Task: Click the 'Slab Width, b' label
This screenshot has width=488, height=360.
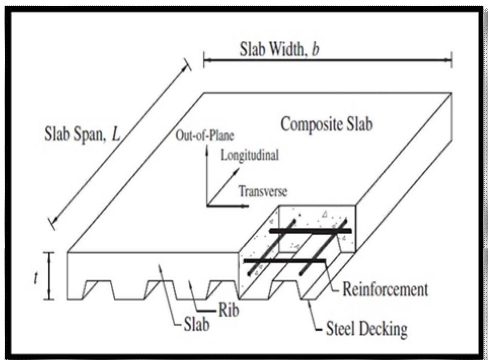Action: (x=279, y=49)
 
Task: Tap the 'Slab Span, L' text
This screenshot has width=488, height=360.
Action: (x=82, y=134)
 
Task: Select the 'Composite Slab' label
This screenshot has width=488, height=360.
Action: (x=327, y=124)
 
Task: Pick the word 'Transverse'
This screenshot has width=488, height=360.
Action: (x=263, y=191)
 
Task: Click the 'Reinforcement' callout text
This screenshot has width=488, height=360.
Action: (x=385, y=289)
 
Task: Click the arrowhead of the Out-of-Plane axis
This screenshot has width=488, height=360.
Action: (x=207, y=152)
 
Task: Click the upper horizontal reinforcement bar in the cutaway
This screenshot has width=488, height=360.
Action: (x=310, y=230)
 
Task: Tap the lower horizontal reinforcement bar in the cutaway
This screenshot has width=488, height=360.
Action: (x=284, y=261)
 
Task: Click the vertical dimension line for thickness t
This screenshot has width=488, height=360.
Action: (x=49, y=276)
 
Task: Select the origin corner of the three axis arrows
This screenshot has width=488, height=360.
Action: (x=207, y=206)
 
